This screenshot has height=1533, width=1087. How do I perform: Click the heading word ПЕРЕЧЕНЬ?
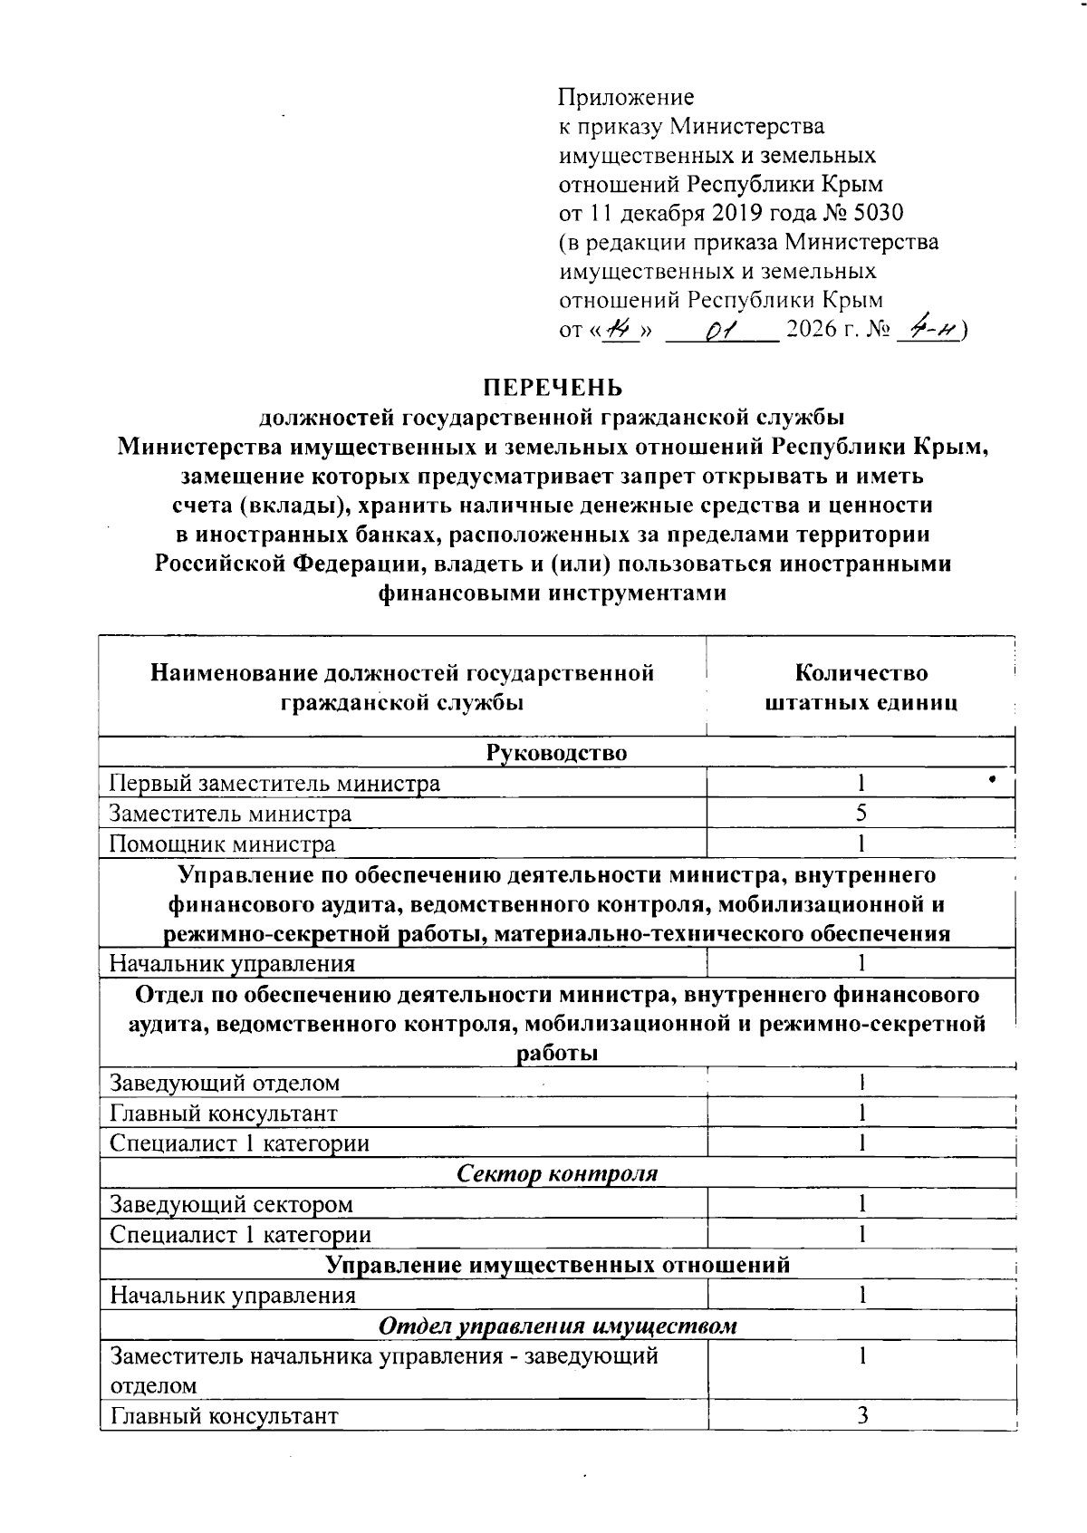coord(552,388)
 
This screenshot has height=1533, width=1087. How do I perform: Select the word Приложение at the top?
coord(626,97)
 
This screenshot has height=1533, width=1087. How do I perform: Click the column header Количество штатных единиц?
coord(861,688)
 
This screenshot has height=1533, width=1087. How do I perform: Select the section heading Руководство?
coord(556,753)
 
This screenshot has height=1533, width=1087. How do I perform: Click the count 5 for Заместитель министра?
coord(861,814)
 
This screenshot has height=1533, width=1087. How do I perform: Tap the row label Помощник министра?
coord(222,844)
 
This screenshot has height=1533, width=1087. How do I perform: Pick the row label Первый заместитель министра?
coord(274,784)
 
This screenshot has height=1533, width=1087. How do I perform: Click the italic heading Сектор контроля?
coord(556,1174)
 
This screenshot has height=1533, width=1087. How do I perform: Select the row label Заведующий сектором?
coord(231,1205)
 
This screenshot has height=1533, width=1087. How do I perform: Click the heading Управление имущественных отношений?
coord(556,1265)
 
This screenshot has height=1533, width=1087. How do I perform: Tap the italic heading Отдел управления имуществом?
coord(556,1326)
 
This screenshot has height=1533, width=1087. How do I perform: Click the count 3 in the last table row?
coord(862,1415)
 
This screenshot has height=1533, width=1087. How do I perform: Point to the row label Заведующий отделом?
coord(225,1083)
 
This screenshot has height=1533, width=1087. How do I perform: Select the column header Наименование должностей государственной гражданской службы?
coord(402,688)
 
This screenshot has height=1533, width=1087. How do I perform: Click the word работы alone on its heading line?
coord(556,1055)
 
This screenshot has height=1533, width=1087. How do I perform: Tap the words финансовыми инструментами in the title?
coord(552,593)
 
